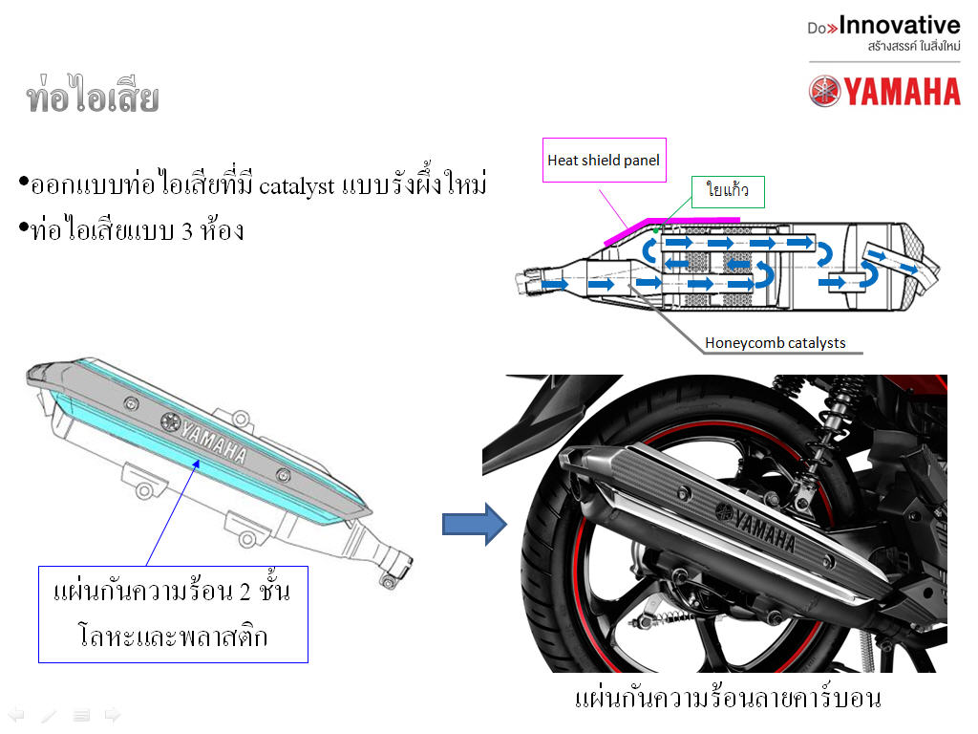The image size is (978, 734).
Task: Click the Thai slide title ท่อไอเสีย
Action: pyautogui.click(x=93, y=95)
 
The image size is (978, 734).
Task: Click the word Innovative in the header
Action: pyautogui.click(x=900, y=25)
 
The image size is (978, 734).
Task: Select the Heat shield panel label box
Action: pyautogui.click(x=605, y=161)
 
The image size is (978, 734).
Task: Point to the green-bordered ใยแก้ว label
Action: pyautogui.click(x=728, y=191)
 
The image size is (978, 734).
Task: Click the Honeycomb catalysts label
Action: pyautogui.click(x=776, y=343)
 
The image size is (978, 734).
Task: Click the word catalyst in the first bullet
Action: pyautogui.click(x=296, y=186)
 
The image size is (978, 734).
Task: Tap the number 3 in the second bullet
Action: pyautogui.click(x=187, y=232)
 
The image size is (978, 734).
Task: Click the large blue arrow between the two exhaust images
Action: pyautogui.click(x=474, y=525)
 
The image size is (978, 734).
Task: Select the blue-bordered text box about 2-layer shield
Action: pyautogui.click(x=174, y=615)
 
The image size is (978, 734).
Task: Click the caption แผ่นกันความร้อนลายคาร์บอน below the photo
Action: pyautogui.click(x=727, y=699)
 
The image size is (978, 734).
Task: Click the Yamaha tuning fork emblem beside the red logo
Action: pyautogui.click(x=824, y=91)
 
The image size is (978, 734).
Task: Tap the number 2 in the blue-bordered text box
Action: pyautogui.click(x=244, y=592)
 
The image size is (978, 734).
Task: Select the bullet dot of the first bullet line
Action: pyautogui.click(x=24, y=183)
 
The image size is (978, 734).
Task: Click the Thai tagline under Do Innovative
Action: pyautogui.click(x=914, y=46)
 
